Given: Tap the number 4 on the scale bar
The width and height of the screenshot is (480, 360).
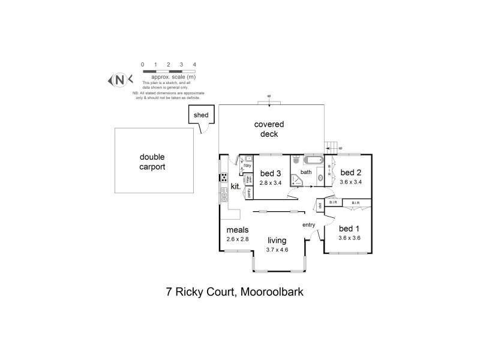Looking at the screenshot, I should coord(194,64).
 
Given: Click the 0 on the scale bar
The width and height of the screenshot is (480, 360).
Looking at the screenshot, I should coord(142,64).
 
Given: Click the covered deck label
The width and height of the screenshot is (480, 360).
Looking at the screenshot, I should coord(269,129).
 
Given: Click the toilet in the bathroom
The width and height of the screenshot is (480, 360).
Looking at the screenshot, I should coord(296,161).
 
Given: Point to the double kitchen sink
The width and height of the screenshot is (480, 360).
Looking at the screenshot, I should coord(223,192).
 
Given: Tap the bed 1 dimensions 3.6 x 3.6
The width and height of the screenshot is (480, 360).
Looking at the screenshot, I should coord(350,238).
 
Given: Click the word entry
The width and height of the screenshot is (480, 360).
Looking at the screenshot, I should coord(308,225).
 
